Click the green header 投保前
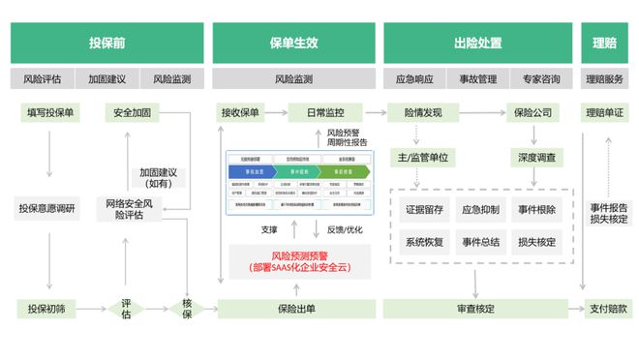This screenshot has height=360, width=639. point(106,44)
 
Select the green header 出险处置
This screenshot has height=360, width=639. point(476,44)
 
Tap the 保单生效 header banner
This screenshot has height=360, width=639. point(293,44)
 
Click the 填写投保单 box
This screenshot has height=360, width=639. point(47,112)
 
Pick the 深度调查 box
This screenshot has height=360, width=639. point(535,157)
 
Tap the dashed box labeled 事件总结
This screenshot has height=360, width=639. point(480,241)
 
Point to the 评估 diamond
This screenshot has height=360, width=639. point(126,309)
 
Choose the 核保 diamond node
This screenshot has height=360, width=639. point(187,309)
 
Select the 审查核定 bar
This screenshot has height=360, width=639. point(475,309)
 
